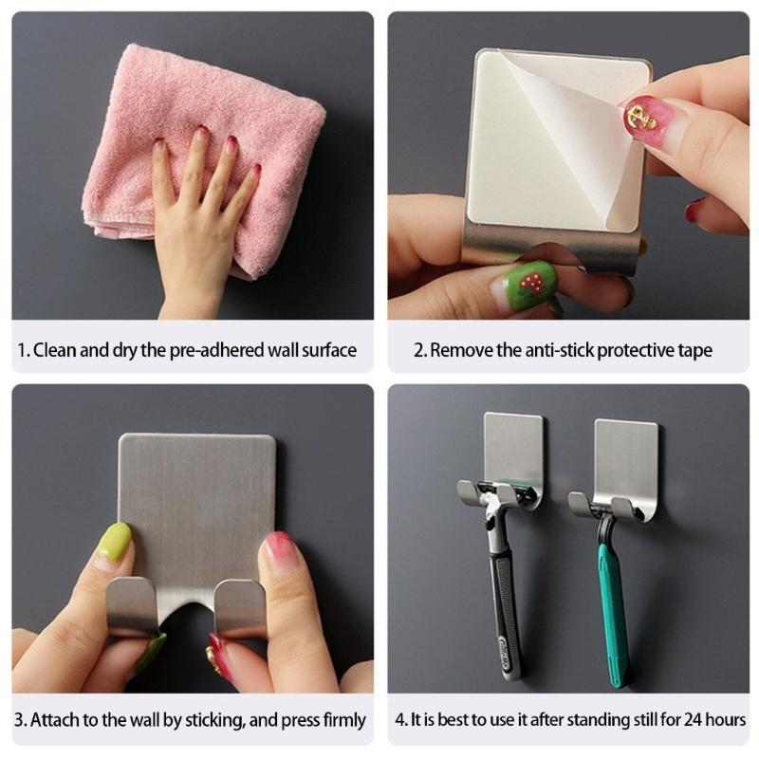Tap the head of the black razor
coord(500,504)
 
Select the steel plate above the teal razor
coord(625,455)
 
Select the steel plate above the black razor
coord(513,451)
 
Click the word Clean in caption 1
coord(55,350)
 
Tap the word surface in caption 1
coord(327,350)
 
